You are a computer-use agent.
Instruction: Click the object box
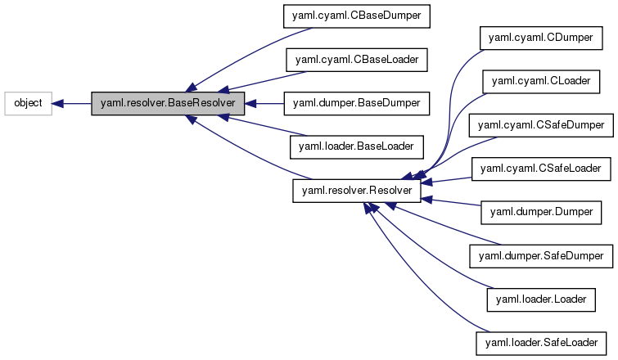29,104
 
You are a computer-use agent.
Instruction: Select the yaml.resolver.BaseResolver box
168,104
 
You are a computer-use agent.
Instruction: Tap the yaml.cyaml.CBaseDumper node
356,16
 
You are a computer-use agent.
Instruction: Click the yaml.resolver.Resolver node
357,191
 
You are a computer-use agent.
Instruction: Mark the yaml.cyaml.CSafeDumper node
540,125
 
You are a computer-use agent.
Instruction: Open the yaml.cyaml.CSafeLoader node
540,169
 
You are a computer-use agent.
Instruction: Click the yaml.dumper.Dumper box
540,213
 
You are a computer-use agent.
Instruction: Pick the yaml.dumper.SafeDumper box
540,256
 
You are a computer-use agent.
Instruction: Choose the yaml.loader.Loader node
540,299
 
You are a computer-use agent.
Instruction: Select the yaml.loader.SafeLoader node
540,343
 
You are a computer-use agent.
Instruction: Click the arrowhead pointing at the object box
59,104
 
